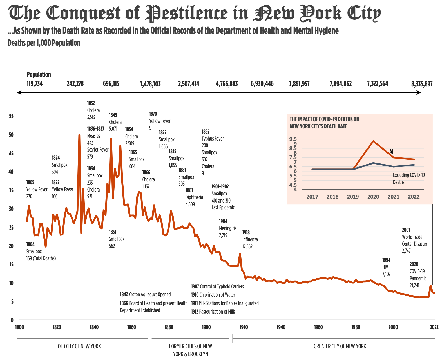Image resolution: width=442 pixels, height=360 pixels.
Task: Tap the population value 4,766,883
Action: point(227,84)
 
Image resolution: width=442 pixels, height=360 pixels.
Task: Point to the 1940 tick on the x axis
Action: point(281,327)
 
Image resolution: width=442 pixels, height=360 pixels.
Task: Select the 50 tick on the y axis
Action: point(11,135)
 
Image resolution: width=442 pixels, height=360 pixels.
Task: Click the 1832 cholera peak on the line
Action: point(79,135)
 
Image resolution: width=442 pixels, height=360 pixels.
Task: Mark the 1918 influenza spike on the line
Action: point(240,254)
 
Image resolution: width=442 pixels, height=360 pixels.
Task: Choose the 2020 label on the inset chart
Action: point(373,197)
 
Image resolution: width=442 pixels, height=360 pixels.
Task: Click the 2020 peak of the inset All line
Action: point(373,141)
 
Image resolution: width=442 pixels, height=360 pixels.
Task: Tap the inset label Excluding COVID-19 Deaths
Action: point(408,179)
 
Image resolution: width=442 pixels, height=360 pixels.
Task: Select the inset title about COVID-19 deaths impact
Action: point(324,123)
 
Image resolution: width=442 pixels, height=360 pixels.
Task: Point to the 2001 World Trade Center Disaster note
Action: point(414,240)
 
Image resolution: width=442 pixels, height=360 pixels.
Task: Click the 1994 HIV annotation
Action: point(386,267)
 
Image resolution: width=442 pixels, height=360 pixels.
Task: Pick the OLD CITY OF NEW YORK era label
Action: point(79,346)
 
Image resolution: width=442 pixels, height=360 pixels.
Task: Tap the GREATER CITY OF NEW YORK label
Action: point(340,346)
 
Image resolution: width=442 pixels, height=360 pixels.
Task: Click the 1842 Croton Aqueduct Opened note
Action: point(145,295)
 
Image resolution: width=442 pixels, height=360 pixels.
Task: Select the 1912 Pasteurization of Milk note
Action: point(213,312)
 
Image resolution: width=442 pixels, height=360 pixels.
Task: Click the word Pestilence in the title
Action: point(186,13)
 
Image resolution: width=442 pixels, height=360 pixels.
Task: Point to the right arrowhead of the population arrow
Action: point(419,92)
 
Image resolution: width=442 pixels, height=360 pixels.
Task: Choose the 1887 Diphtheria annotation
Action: point(194,197)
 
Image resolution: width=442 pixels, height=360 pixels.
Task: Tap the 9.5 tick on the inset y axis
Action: point(293,139)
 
